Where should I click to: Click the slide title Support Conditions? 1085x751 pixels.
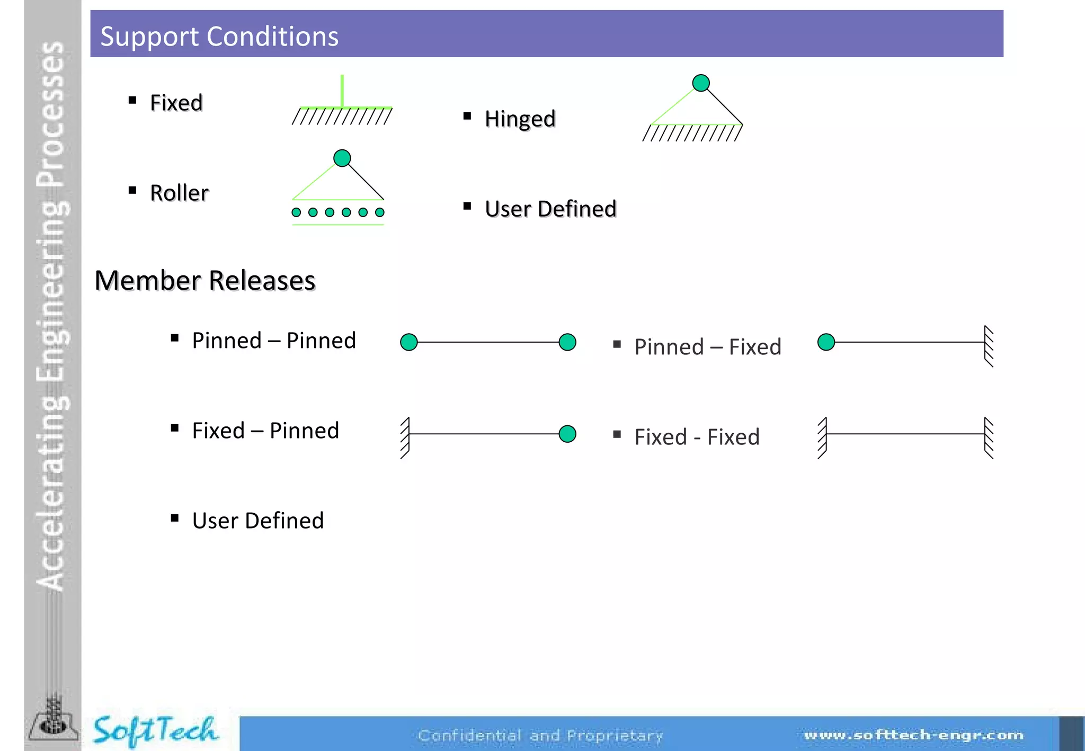(x=219, y=36)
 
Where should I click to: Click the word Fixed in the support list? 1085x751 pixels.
(x=176, y=103)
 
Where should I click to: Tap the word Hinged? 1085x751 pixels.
(x=520, y=119)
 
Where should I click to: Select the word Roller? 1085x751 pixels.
(x=179, y=193)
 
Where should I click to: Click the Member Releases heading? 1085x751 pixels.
(x=205, y=280)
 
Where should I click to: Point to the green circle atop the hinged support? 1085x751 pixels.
(x=701, y=83)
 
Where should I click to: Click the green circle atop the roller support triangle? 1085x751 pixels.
(x=342, y=158)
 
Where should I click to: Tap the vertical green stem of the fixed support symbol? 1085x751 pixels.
(x=342, y=91)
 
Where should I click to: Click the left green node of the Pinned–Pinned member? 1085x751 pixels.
(x=409, y=342)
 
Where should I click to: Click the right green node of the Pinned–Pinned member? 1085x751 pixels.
(x=567, y=342)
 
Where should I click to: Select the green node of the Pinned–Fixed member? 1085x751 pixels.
(x=826, y=342)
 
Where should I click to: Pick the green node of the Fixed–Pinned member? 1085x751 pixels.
(x=567, y=434)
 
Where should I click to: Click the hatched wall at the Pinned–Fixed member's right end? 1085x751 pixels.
(x=989, y=346)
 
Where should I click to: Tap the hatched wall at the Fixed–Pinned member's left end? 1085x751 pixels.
(x=405, y=438)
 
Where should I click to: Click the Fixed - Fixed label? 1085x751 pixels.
(x=697, y=437)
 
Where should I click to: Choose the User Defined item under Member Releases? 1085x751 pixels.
(x=258, y=521)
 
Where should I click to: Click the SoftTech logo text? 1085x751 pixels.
(x=155, y=730)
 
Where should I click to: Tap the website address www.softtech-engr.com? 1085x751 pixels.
(x=913, y=735)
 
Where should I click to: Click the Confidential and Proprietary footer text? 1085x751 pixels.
(x=540, y=736)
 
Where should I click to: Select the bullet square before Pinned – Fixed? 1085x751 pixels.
(x=617, y=344)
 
